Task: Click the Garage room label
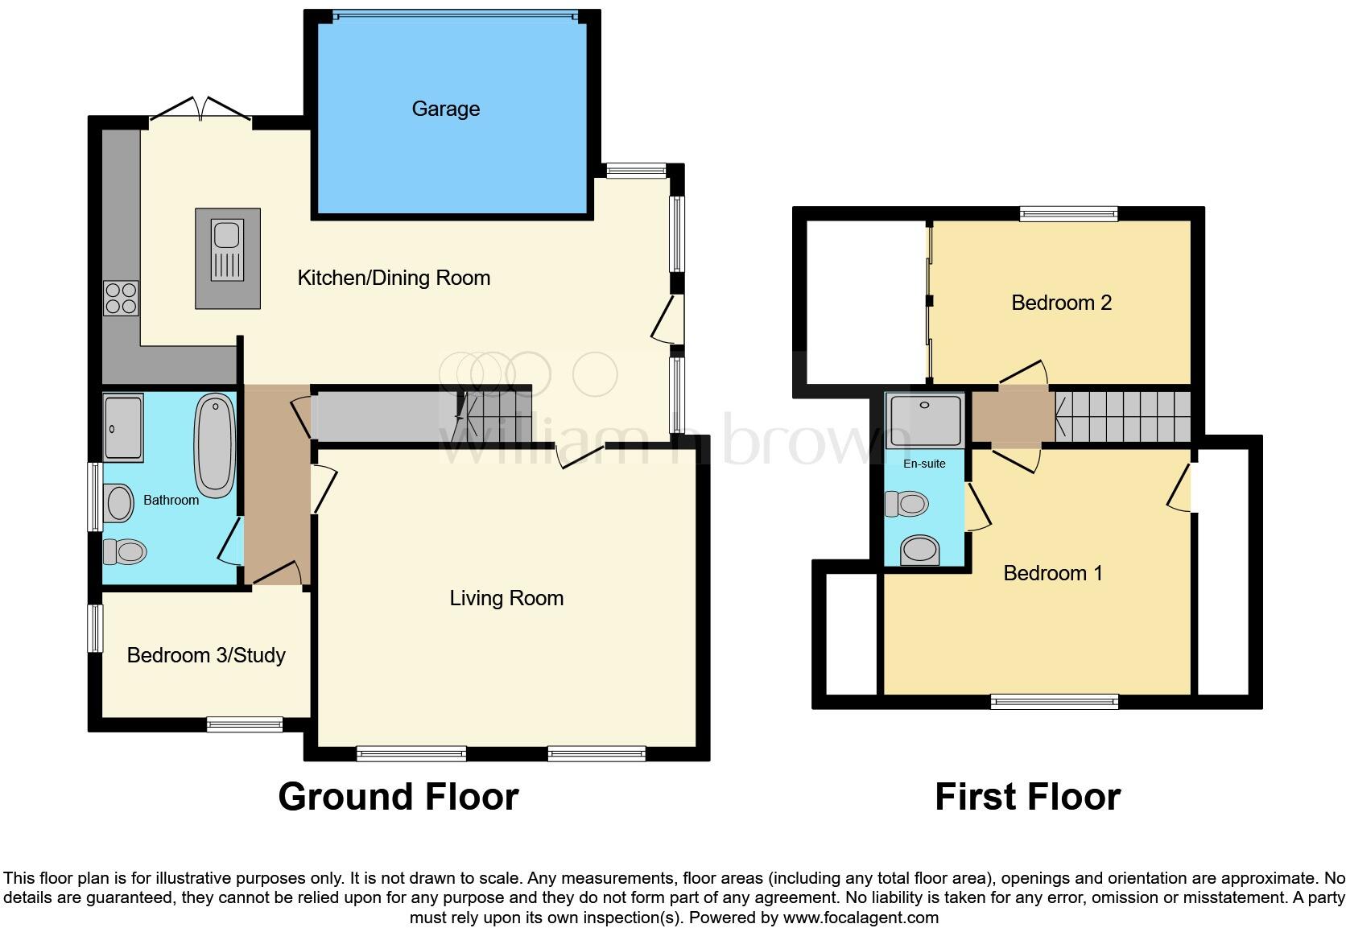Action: (x=445, y=109)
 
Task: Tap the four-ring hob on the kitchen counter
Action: (x=121, y=298)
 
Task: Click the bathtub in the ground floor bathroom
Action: (x=215, y=445)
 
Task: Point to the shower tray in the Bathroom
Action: (x=123, y=427)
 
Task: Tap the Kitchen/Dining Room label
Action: (x=394, y=278)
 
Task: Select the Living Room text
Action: (x=506, y=598)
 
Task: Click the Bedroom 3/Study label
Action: (x=206, y=655)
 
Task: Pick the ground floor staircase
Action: (x=487, y=415)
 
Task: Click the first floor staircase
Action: (x=1123, y=417)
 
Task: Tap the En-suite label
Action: (x=924, y=464)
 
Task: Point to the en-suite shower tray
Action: (x=924, y=420)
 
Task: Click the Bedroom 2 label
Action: (x=1061, y=303)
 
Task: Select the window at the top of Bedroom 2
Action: (x=1068, y=213)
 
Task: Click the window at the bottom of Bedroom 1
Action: (x=1055, y=702)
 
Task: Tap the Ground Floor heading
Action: (x=398, y=797)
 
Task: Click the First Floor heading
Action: (x=1027, y=797)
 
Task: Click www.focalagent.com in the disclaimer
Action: (x=861, y=918)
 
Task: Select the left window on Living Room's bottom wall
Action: (x=411, y=754)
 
